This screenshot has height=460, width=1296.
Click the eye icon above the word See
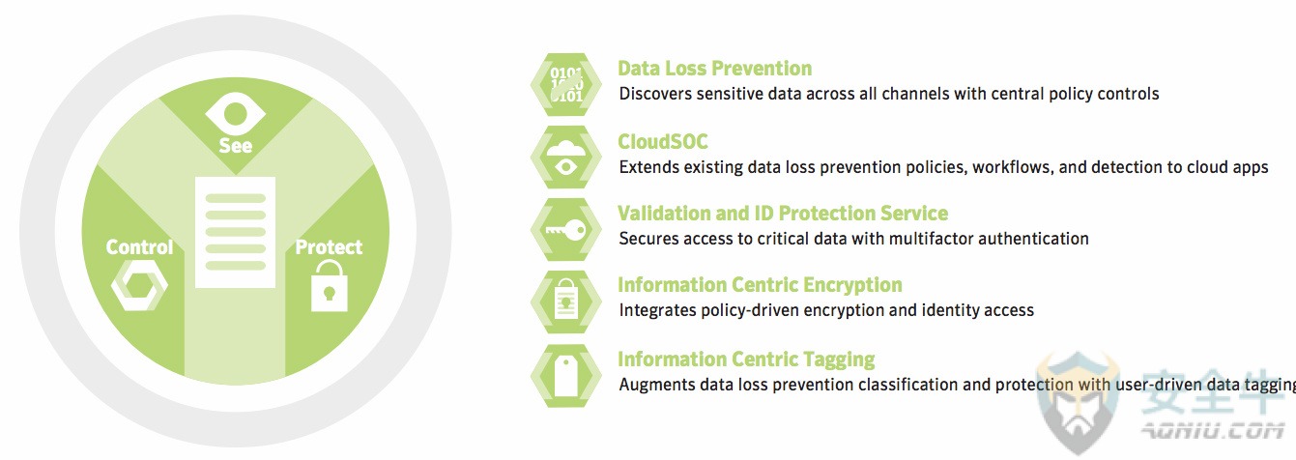point(236,113)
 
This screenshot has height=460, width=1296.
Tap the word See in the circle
point(236,145)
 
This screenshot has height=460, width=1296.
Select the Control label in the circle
point(139,247)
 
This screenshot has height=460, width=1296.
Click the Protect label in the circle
point(329,247)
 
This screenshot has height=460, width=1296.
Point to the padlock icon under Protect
point(330,286)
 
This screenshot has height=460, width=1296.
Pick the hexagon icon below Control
point(139,285)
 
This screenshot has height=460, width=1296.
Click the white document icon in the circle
point(236,232)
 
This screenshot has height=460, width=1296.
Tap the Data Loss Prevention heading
point(714,69)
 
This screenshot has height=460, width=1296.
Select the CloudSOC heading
point(662,142)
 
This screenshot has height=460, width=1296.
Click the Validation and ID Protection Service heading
point(783,214)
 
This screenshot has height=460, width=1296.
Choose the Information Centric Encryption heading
point(760,285)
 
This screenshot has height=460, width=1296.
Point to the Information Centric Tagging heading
point(746,359)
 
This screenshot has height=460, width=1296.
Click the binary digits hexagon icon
point(565,84)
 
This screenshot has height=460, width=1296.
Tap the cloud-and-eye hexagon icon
point(565,157)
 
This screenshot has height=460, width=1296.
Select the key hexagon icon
point(565,229)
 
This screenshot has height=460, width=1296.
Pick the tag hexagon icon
point(565,376)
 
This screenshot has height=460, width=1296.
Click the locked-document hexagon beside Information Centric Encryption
point(565,302)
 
